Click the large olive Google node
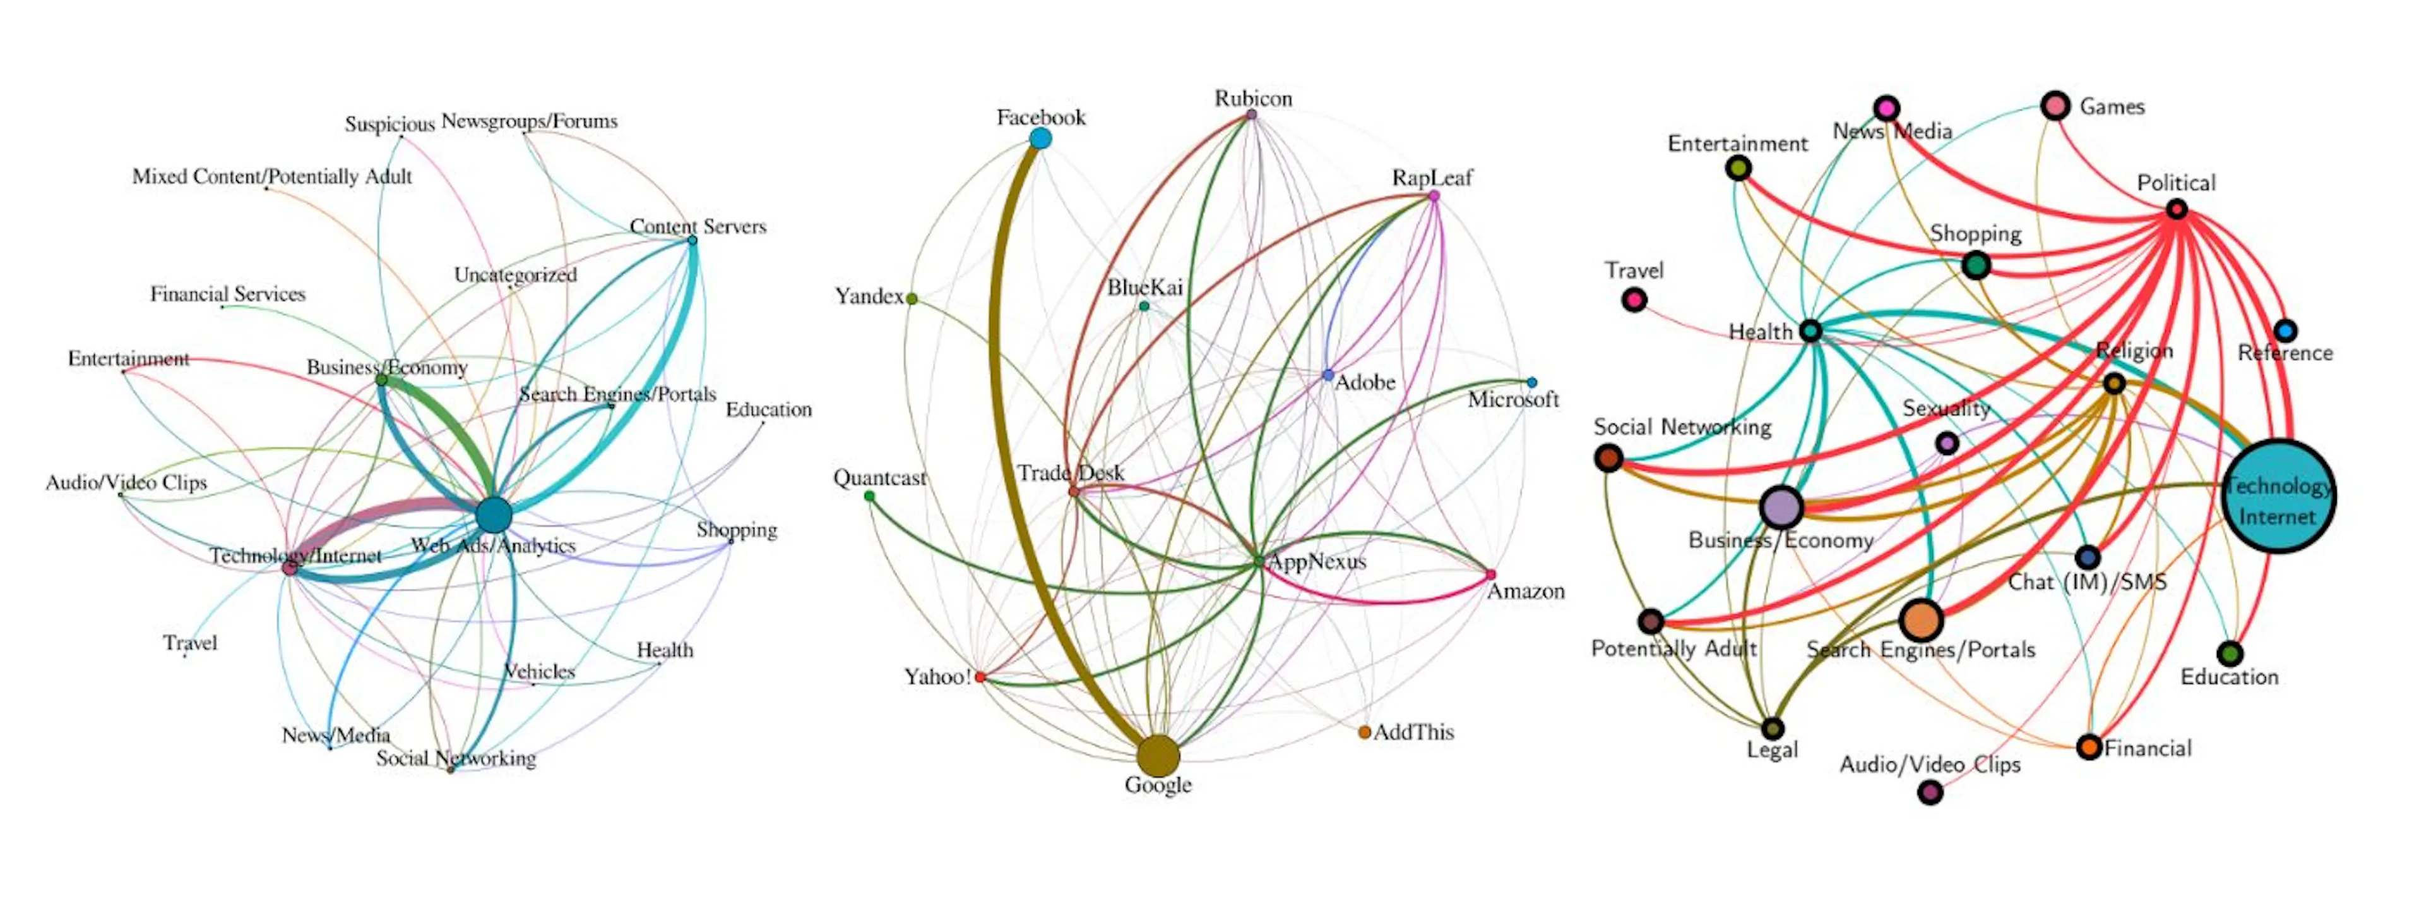1158,755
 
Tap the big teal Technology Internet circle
2278,496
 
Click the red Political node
2177,209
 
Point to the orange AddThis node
1364,732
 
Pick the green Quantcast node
869,496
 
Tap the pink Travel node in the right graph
1634,300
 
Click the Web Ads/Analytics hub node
493,515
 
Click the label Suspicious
389,124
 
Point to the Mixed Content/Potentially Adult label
272,177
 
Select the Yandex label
869,296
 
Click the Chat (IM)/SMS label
2087,582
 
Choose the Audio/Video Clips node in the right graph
1930,792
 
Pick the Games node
2056,106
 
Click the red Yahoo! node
980,677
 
